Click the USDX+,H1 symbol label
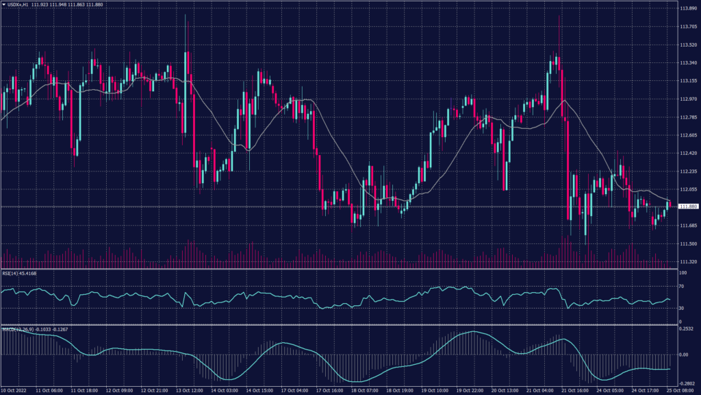click(x=20, y=5)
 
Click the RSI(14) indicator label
click(x=10, y=273)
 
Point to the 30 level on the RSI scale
click(x=682, y=309)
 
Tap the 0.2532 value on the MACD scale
click(x=687, y=329)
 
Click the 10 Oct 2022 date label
click(x=15, y=390)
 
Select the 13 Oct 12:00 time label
click(x=190, y=390)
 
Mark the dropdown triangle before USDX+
click(x=3, y=5)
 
